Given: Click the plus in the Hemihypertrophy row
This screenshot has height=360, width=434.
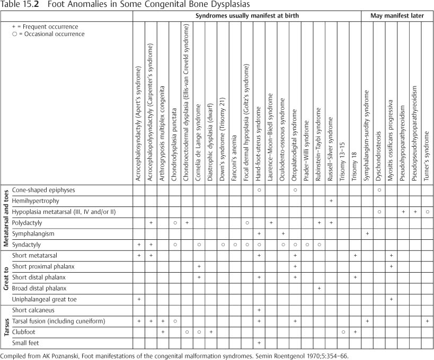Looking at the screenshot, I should (x=331, y=201).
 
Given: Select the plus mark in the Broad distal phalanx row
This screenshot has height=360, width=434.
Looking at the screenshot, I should (x=319, y=288).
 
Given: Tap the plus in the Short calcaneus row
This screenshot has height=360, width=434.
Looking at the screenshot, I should (x=259, y=310).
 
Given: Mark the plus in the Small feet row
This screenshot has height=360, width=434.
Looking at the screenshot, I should (x=259, y=343).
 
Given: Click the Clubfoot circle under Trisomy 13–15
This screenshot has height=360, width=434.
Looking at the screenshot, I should (x=343, y=332).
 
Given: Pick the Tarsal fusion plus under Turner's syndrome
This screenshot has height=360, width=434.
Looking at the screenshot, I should (x=427, y=321).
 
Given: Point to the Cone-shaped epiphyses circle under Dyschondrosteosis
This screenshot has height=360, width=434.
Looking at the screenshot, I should (x=379, y=190).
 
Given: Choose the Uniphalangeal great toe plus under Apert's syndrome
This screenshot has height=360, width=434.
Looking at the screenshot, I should (x=139, y=299).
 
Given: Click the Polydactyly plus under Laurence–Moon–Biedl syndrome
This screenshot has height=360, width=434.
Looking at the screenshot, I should (x=271, y=222).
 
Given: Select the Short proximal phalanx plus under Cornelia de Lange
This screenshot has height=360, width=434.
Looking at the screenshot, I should (x=199, y=266).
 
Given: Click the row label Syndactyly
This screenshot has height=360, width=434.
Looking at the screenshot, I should (x=26, y=245).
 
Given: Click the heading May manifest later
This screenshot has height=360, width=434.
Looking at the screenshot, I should (x=397, y=16).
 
